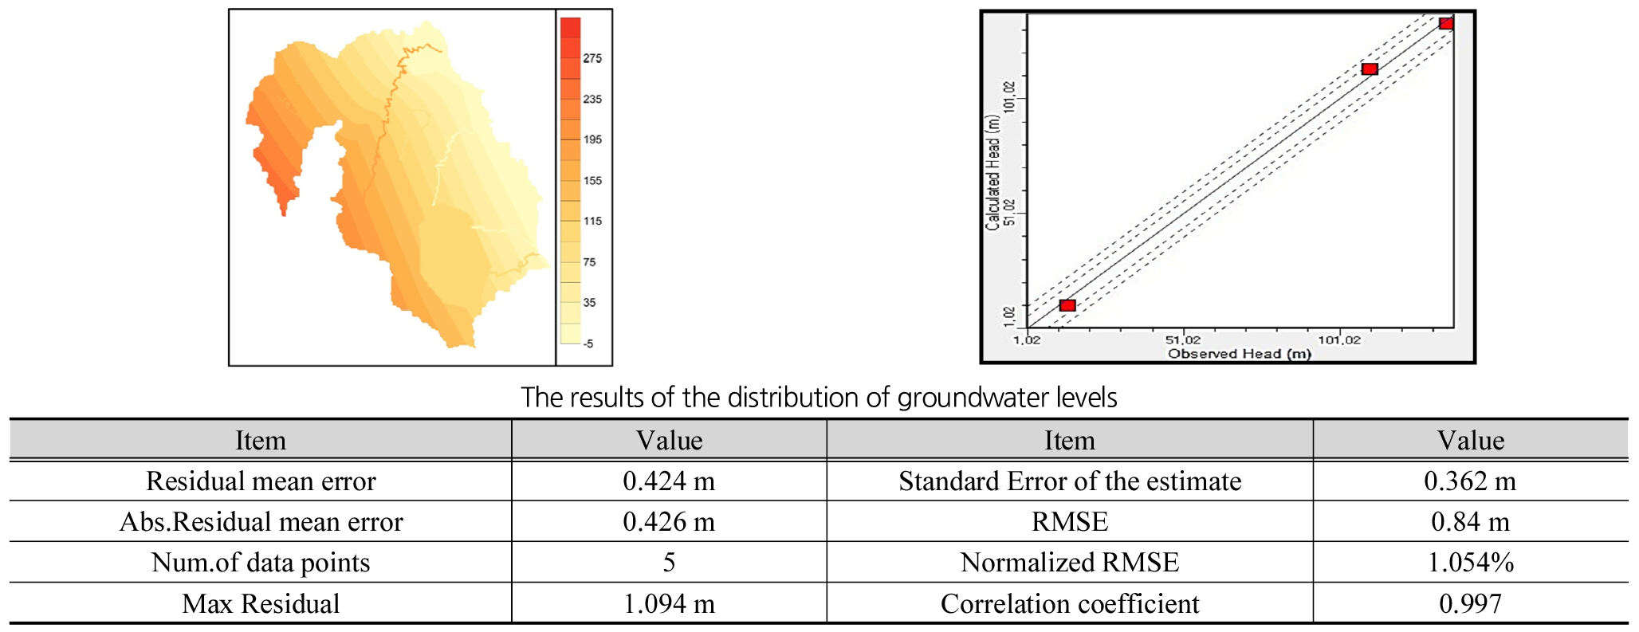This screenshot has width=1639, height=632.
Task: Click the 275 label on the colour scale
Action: click(592, 58)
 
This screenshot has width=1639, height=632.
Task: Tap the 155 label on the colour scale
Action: click(592, 181)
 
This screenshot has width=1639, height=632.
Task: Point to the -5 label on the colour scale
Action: click(588, 343)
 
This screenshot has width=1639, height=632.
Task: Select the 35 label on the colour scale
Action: click(589, 303)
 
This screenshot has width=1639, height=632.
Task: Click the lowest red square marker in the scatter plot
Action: click(1067, 305)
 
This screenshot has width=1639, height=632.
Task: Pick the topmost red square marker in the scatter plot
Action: click(1445, 23)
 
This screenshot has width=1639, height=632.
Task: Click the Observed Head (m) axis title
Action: click(1239, 354)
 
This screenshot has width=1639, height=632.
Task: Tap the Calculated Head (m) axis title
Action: click(992, 172)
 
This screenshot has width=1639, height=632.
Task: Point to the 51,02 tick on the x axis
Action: click(1182, 340)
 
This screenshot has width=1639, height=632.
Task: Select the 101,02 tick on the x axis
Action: click(1339, 340)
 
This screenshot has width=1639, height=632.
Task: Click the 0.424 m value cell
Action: click(669, 481)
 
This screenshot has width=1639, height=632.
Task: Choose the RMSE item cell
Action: click(1070, 522)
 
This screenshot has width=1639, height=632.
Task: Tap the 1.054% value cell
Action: click(1470, 563)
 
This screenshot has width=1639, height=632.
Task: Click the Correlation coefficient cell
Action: click(1070, 604)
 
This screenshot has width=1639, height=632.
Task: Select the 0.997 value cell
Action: click(1470, 604)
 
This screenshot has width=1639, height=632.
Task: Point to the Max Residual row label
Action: click(261, 604)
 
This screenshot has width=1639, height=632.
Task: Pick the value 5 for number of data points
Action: click(669, 563)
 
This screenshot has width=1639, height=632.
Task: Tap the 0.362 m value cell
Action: click(1470, 481)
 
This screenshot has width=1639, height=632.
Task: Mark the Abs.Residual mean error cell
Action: click(261, 522)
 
